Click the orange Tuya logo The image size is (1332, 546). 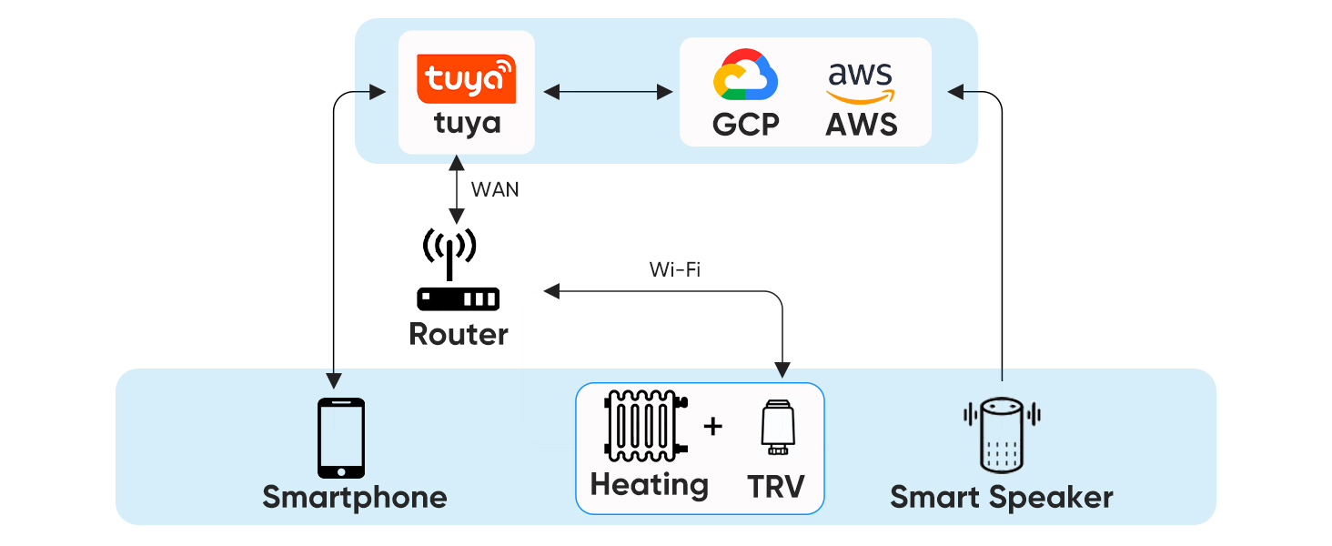466,78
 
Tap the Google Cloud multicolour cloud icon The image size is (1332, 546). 745,75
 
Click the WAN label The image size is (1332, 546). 495,190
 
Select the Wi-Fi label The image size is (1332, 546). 674,269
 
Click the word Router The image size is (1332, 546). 459,334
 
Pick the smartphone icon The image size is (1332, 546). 341,438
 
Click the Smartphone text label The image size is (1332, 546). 355,497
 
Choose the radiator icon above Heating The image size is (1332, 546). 647,426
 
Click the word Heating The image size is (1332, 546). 649,484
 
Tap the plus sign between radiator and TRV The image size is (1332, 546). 713,425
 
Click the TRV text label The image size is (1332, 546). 776,487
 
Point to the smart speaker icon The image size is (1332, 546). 1001,433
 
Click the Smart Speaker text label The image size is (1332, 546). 1001,497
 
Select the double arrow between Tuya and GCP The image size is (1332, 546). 607,91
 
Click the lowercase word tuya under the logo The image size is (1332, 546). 467,122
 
